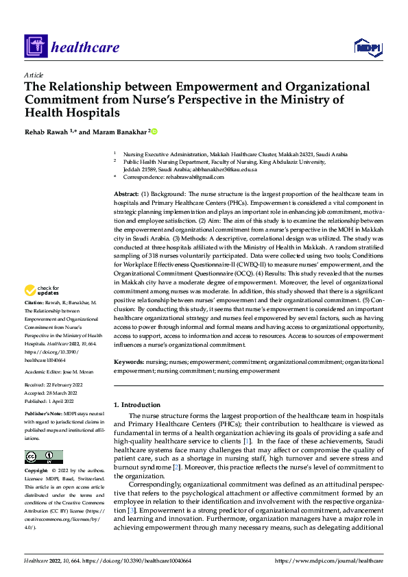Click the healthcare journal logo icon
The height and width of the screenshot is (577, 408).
click(x=35, y=47)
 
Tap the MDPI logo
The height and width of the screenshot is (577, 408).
click(x=368, y=47)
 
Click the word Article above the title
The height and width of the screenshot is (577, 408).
click(x=34, y=75)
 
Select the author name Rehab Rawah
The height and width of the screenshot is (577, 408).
click(x=48, y=132)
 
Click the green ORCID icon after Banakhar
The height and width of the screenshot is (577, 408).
click(x=155, y=132)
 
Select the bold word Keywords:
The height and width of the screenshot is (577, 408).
click(x=129, y=361)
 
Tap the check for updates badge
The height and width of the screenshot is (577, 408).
click(x=43, y=310)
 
